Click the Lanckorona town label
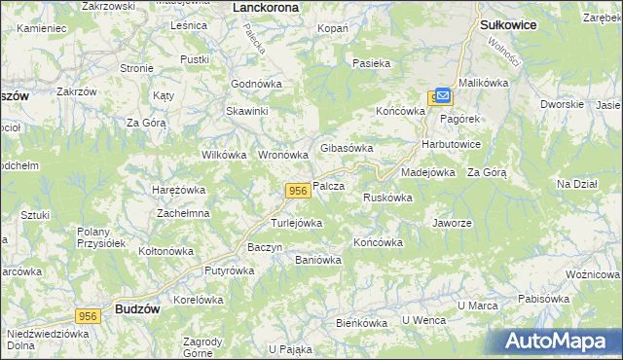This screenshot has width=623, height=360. tap(266, 7)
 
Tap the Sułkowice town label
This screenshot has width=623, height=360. tap(509, 24)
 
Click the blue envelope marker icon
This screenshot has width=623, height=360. tap(443, 95)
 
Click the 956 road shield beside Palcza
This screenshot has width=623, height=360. tap(299, 192)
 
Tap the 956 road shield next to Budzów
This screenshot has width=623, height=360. tap(89, 316)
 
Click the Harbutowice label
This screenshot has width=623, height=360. tap(451, 145)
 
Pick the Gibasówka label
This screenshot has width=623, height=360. tap(348, 148)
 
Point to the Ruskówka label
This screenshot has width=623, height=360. tap(387, 198)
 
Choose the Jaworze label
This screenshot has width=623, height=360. tap(452, 223)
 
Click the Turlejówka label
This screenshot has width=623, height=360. tap(296, 223)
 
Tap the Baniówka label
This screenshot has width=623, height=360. tap(318, 260)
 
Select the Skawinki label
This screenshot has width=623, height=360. tap(247, 111)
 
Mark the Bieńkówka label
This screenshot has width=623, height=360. tap(362, 321)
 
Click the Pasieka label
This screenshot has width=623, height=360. tap(371, 63)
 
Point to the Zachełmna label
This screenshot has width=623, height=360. tap(184, 212)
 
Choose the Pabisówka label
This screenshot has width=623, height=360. tap(543, 299)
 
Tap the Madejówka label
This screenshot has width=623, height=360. tap(428, 172)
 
